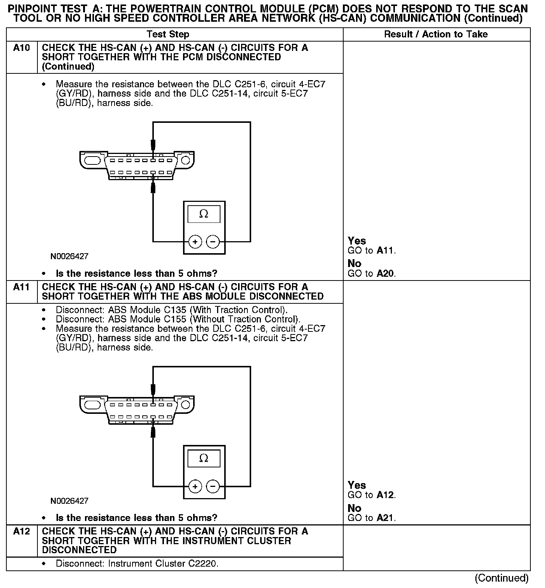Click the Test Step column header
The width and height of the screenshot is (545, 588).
168,34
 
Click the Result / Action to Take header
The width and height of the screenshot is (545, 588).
436,34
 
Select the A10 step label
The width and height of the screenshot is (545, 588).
21,48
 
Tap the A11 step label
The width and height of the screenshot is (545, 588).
21,287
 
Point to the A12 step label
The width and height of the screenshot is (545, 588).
21,531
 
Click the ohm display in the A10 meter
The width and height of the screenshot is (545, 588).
204,214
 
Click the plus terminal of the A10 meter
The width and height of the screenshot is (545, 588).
195,242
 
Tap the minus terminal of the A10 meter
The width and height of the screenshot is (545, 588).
213,242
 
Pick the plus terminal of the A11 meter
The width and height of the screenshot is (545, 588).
195,487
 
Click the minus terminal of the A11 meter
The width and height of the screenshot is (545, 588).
213,487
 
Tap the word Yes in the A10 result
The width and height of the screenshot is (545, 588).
357,241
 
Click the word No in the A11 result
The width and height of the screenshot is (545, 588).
354,508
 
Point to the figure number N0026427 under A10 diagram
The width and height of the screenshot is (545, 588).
70,257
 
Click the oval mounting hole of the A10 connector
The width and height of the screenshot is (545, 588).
92,160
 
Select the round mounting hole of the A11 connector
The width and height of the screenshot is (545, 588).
185,405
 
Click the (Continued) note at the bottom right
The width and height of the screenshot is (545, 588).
502,578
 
